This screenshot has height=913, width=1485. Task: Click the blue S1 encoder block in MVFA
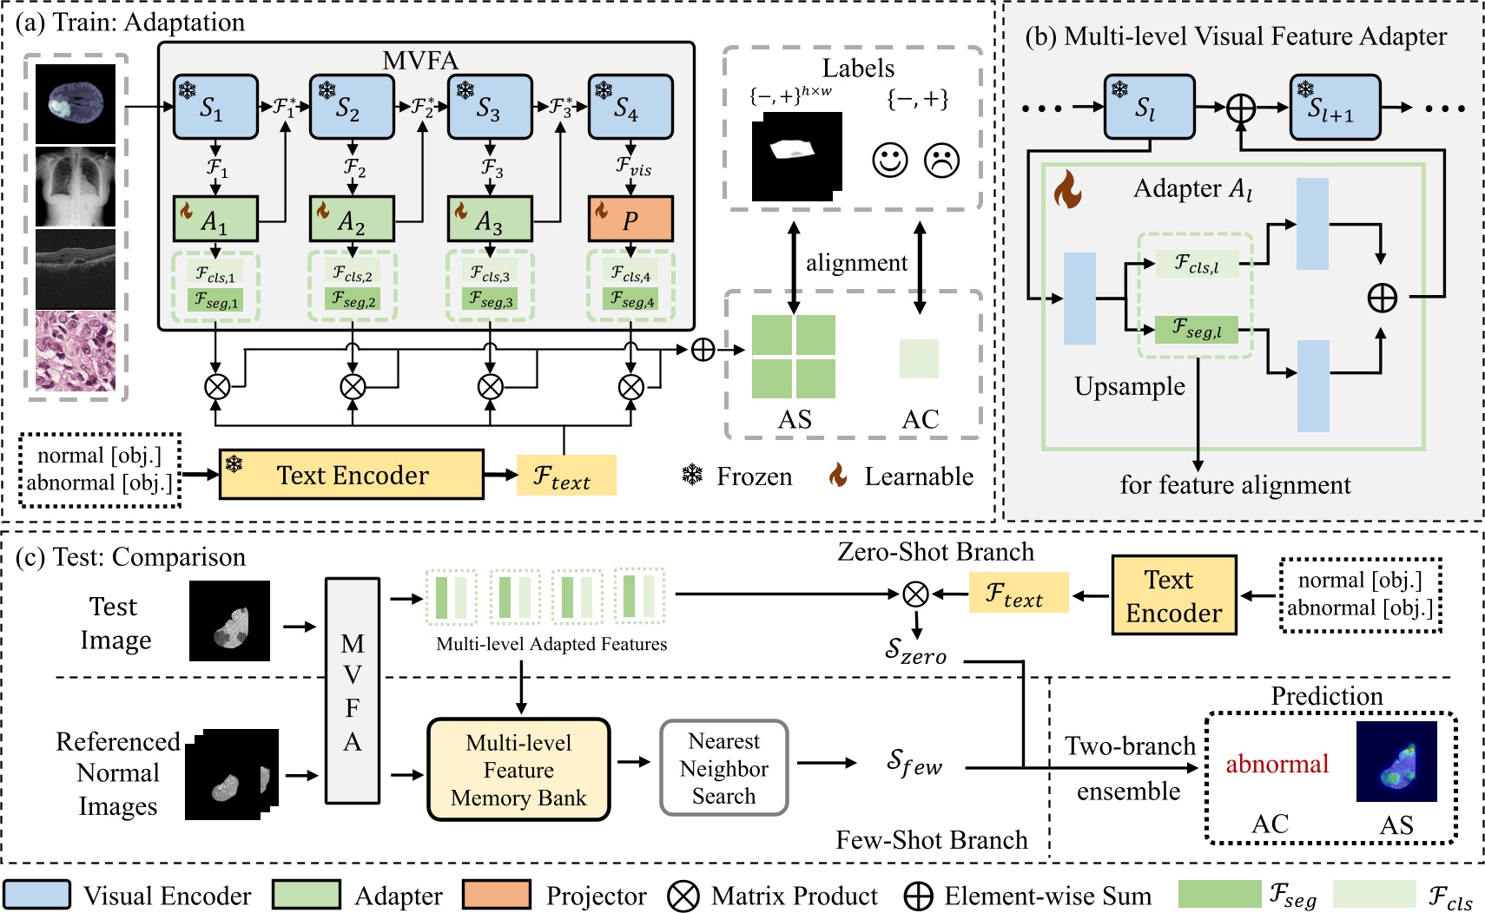214,107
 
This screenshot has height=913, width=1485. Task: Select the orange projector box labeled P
630,219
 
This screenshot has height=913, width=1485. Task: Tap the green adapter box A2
352,219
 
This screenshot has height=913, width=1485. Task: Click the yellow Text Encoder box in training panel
351,475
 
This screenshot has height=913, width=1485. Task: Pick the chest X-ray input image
76,186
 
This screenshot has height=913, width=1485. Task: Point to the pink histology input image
76,351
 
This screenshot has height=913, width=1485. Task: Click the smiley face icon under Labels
889,160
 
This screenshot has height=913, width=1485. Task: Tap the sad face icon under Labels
941,160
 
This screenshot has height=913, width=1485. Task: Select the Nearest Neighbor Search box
723,768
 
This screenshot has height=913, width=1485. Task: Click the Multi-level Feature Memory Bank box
518,770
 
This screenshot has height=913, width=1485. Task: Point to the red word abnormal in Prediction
1277,764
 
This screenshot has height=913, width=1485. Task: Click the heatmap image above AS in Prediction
1396,761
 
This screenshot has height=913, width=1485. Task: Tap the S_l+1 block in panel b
1334,108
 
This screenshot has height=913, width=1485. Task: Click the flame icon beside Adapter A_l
1067,189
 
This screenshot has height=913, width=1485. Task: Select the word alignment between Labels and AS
856,262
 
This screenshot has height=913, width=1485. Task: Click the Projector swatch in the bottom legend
496,895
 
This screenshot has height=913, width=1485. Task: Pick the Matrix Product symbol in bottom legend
683,896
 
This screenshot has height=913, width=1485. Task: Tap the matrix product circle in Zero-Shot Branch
915,594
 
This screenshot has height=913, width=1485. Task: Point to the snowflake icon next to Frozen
692,476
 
